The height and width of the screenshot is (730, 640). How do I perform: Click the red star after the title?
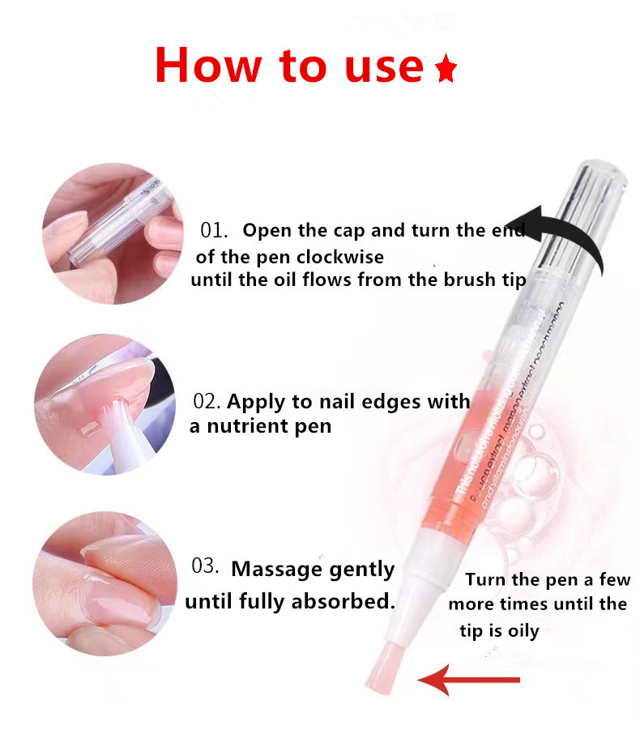coord(446,70)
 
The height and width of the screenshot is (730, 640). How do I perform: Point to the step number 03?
coord(206,566)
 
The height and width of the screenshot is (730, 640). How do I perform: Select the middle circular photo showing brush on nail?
coord(92,410)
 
